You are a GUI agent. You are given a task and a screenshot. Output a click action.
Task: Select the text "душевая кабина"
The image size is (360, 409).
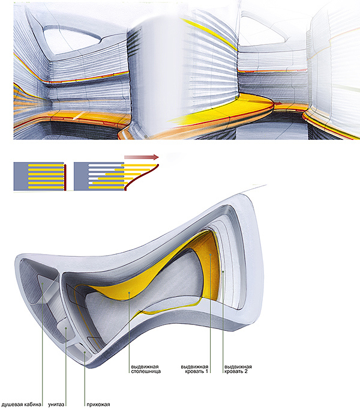(x=22, y=404)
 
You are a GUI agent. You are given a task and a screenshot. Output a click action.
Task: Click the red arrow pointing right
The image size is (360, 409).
(x=142, y=157)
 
